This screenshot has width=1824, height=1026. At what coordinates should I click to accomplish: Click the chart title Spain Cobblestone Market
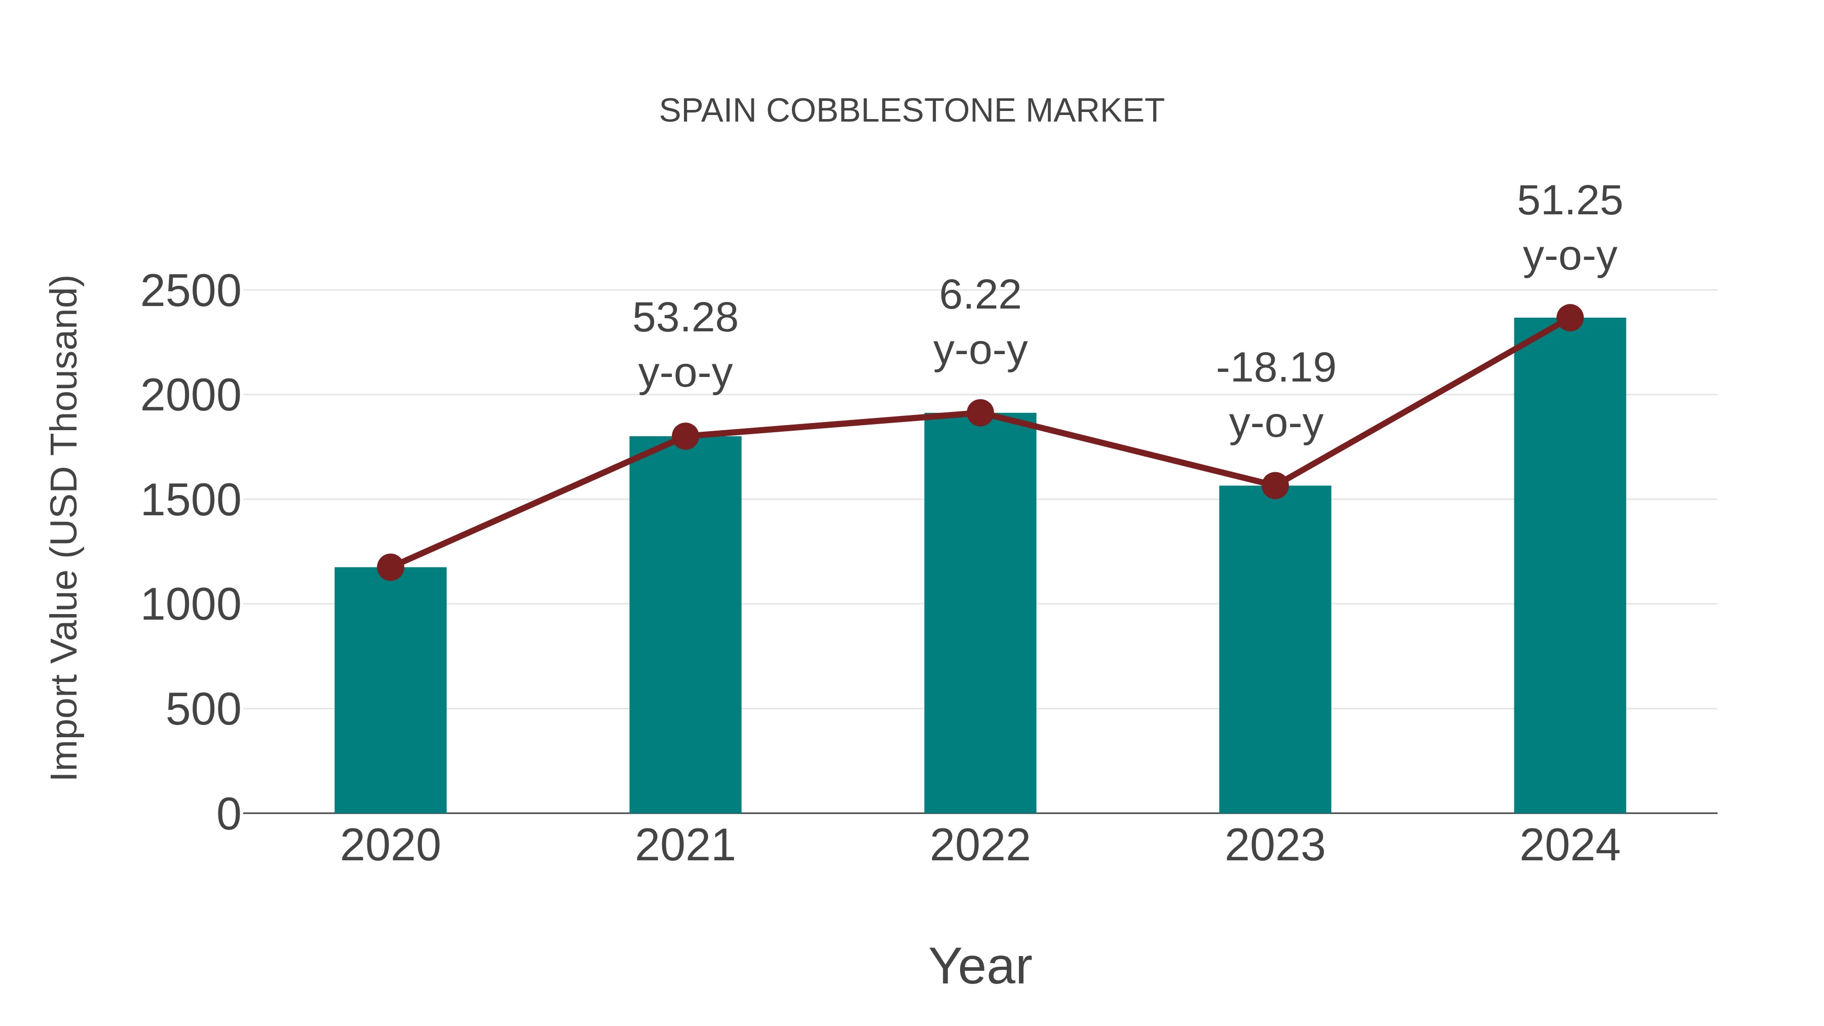tap(911, 111)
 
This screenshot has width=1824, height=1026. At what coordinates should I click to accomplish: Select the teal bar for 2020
tap(390, 691)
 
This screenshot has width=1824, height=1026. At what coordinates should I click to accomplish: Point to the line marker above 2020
tap(390, 567)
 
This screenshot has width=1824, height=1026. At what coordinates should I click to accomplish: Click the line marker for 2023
tap(1275, 486)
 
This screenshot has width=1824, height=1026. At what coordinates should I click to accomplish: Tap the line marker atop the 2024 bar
tap(1570, 318)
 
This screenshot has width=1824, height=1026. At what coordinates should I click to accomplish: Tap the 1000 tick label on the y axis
tap(191, 605)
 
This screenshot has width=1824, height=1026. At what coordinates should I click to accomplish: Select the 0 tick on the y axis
tap(228, 814)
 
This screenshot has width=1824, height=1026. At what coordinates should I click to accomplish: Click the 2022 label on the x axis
tap(980, 846)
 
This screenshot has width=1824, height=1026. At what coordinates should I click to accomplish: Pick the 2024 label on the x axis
tap(1570, 846)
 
